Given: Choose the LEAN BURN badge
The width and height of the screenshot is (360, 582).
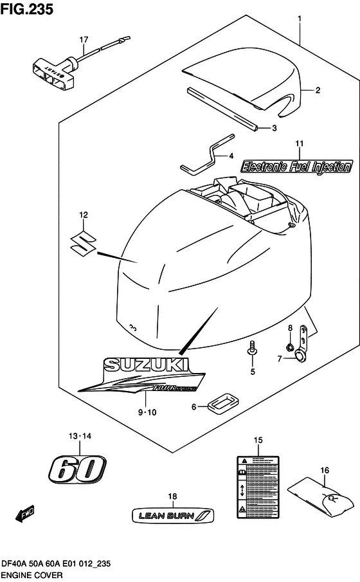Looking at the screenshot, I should point(172,514).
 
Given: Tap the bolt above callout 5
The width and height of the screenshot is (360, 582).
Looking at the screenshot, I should point(252,349).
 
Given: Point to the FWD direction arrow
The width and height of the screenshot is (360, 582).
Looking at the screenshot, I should point(24,514).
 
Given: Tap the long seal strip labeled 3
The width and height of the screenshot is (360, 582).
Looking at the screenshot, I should point(222,109).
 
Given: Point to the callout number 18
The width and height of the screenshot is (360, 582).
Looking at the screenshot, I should point(172,496).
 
